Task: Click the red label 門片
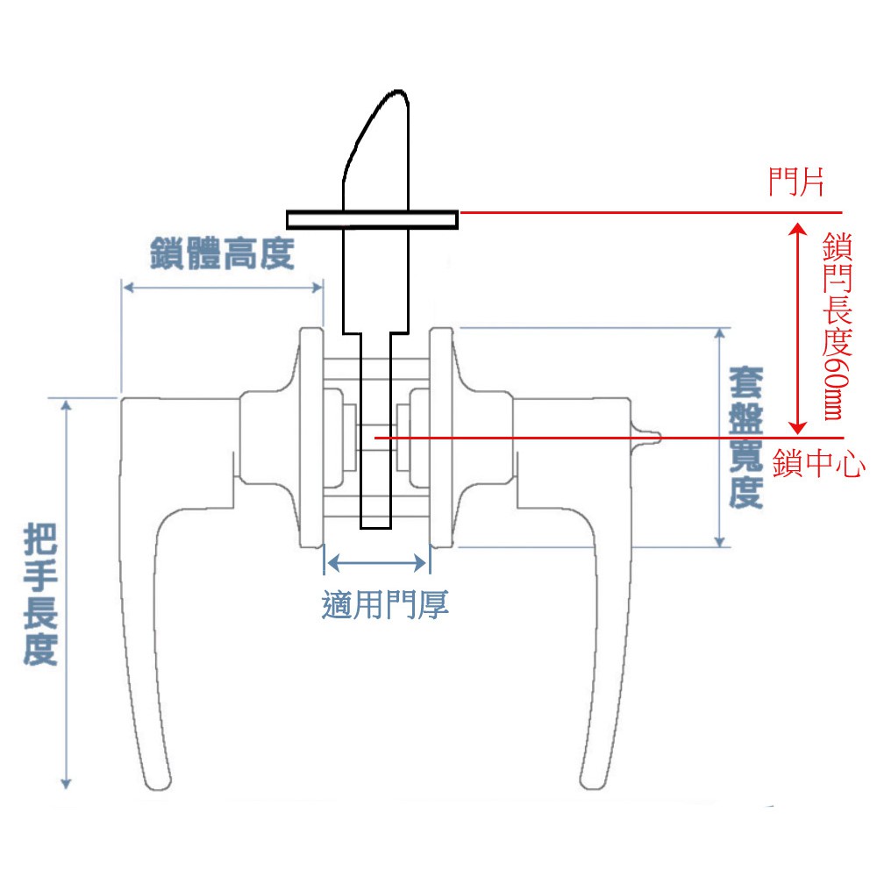[796, 182]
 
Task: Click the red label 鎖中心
[818, 464]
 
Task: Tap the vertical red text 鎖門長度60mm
[838, 326]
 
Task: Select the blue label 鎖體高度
[222, 253]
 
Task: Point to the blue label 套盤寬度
[746, 438]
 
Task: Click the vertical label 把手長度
[40, 594]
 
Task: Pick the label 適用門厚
[385, 604]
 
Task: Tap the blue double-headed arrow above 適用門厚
[377, 562]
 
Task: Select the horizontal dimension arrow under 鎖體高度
[223, 288]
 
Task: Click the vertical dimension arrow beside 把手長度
[66, 595]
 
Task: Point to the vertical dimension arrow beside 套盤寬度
[720, 438]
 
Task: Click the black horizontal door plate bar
[373, 220]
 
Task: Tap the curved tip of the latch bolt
[398, 91]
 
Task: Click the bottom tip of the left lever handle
[158, 788]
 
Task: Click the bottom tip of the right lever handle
[593, 787]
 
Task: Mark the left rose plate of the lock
[311, 438]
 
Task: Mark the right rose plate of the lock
[441, 438]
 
